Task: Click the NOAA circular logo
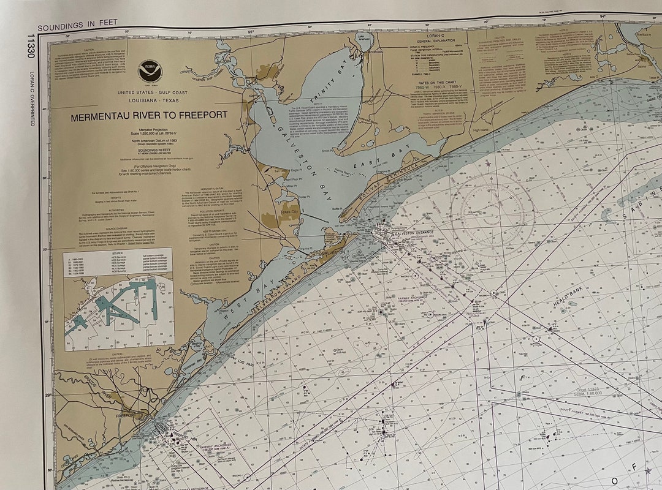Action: point(148,72)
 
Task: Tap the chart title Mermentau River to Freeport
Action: point(149,115)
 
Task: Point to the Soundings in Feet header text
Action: point(69,28)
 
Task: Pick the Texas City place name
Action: point(289,211)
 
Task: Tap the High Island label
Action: point(482,129)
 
